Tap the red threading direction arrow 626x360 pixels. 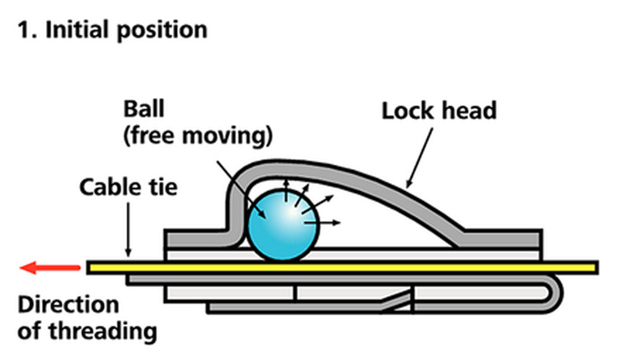pyautogui.click(x=50, y=268)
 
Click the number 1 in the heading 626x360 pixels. pyautogui.click(x=23, y=29)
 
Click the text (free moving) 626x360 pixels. pyautogui.click(x=197, y=135)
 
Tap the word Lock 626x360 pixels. pyautogui.click(x=408, y=111)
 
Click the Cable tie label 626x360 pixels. pyautogui.click(x=128, y=187)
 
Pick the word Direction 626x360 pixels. pyautogui.click(x=68, y=305)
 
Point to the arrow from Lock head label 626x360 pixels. pyautogui.click(x=420, y=157)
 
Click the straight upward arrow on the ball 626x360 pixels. pyautogui.click(x=286, y=191)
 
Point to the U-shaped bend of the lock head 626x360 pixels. pyautogui.click(x=557, y=291)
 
